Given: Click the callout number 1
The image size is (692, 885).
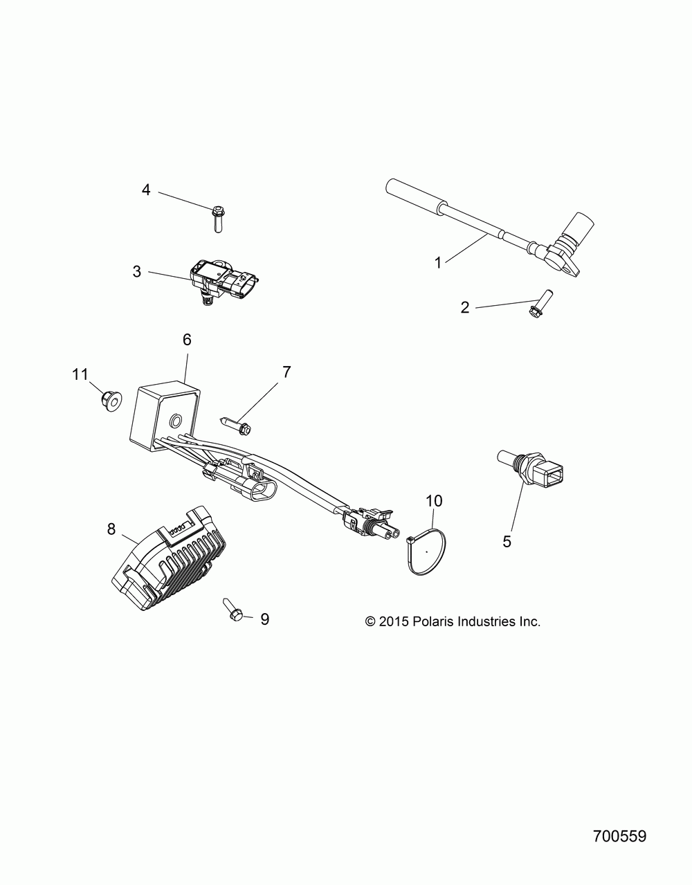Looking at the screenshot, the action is coord(437,262).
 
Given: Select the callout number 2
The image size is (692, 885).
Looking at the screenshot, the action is coord(465,307).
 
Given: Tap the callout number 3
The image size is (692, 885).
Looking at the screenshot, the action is coord(137,271).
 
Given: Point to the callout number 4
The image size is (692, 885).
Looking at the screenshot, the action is coord(146,170).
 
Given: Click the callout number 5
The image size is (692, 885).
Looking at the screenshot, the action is coord(507,540).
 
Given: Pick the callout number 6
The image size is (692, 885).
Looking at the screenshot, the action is coord(187,340).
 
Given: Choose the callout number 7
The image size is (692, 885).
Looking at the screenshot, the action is coord(286,372).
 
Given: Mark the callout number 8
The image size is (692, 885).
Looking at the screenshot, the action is coord(111,529).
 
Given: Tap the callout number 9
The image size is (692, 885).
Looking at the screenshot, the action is coord(264,619).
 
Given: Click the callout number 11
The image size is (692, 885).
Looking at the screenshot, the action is coord(80,374).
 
